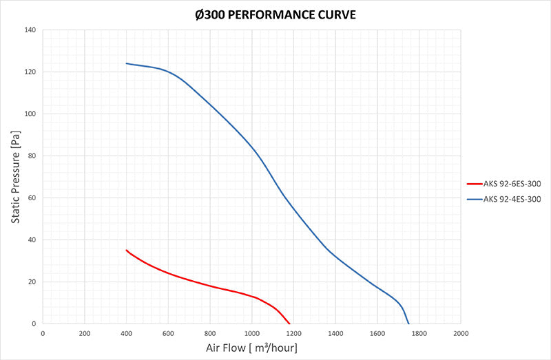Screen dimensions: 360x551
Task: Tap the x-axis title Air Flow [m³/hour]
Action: click(251, 348)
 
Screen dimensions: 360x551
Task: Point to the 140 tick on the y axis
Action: click(30, 30)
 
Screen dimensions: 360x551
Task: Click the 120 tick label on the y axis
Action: click(30, 72)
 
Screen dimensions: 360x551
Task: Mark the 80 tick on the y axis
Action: click(32, 156)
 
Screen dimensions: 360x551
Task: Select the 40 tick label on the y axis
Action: click(32, 240)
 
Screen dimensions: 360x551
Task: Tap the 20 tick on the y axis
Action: click(32, 282)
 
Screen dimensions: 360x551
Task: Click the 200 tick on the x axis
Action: click(85, 333)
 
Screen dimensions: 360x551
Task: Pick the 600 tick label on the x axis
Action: click(169, 333)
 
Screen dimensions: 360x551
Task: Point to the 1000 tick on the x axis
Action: click(252, 333)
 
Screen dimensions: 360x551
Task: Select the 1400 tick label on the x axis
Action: click(335, 333)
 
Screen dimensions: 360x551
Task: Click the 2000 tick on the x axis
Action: click(461, 333)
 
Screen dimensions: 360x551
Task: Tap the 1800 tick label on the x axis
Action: click(419, 333)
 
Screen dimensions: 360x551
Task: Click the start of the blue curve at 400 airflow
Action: click(127, 63)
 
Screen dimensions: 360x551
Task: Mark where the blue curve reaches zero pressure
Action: click(408, 324)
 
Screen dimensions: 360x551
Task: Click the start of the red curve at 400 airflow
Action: click(127, 251)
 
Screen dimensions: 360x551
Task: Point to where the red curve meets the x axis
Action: click(290, 324)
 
